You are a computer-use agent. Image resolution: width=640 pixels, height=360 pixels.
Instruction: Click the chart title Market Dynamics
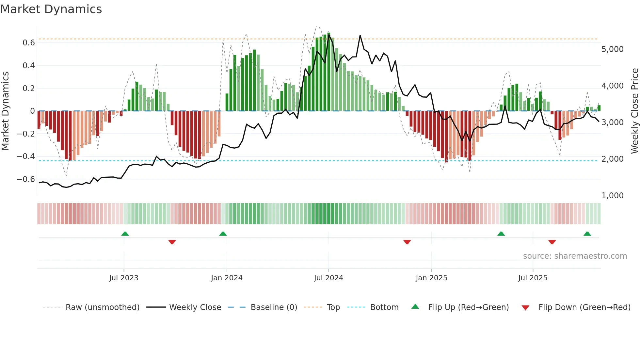point(51,9)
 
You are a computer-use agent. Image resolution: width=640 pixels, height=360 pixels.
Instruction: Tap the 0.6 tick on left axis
point(29,43)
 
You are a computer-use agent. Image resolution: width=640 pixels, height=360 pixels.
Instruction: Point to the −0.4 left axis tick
point(26,156)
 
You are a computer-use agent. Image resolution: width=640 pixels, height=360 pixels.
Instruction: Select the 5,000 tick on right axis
point(612,49)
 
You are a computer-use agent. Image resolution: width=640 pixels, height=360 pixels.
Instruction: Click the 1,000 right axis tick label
point(612,196)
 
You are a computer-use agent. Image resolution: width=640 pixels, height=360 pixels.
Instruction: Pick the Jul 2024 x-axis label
point(328,278)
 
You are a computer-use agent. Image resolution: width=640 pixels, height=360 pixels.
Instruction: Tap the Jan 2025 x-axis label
point(431,278)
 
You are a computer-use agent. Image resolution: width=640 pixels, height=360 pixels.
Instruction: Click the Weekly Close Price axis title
point(634,111)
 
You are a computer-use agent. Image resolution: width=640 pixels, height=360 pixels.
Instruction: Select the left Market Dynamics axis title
point(5,111)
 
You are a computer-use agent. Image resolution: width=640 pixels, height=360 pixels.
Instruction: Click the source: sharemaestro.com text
point(575,256)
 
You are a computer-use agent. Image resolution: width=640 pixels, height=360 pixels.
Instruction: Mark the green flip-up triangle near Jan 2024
point(223,234)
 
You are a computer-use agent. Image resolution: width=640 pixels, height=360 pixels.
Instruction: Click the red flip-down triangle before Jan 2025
point(407,242)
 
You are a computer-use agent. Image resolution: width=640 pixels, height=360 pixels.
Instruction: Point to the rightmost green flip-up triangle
point(587,234)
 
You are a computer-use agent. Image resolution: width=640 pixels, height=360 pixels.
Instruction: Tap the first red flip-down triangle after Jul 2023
point(172,242)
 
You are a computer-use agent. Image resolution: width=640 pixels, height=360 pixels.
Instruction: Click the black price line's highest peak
point(360,36)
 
